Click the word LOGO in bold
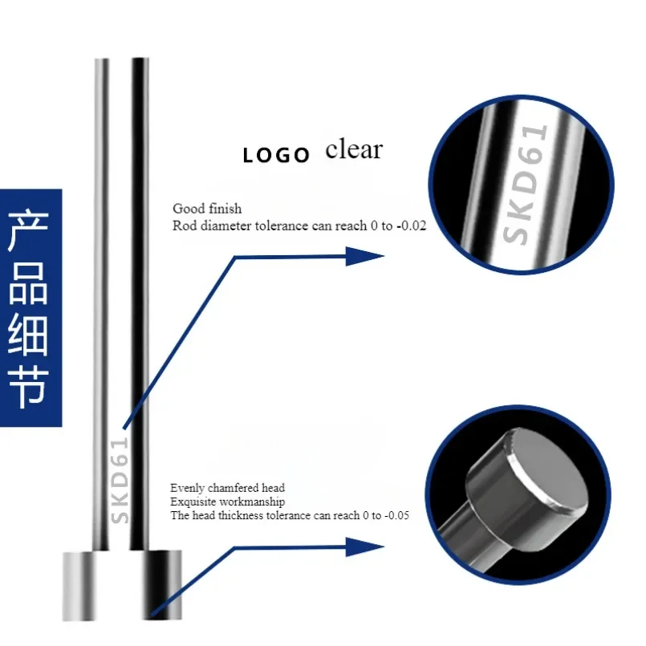coord(276,155)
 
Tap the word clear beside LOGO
coord(354,149)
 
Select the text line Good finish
coord(207,209)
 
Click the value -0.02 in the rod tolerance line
coord(411,226)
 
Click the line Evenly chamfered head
coord(227,487)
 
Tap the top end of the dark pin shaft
coord(140,61)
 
